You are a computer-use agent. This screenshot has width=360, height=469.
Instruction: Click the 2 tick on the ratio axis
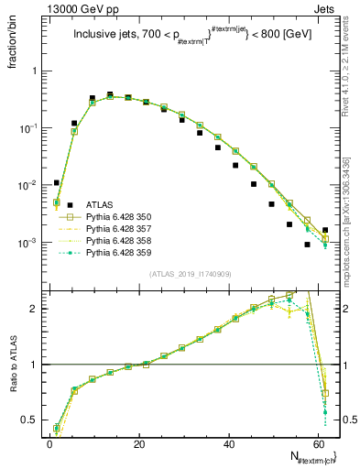click(x=37, y=309)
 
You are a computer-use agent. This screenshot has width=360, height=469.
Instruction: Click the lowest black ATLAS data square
click(x=307, y=245)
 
